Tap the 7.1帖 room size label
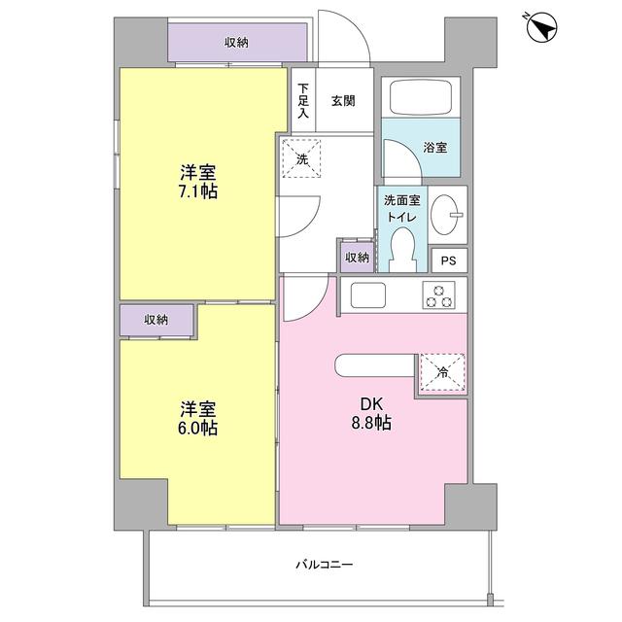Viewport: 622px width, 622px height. click(197, 182)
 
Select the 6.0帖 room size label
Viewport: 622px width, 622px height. click(197, 417)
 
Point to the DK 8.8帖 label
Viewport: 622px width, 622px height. click(371, 413)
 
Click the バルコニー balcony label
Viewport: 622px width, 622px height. click(325, 564)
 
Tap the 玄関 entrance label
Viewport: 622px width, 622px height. click(341, 99)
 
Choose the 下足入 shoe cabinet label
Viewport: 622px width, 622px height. click(303, 99)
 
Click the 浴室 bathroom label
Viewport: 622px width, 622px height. click(434, 148)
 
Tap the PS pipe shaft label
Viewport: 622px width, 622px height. click(448, 260)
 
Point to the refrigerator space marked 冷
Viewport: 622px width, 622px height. click(441, 371)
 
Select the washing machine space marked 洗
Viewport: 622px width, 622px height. click(303, 157)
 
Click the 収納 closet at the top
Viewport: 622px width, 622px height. click(237, 42)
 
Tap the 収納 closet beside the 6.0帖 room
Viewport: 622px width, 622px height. click(155, 320)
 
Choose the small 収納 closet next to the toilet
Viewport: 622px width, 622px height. click(357, 257)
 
